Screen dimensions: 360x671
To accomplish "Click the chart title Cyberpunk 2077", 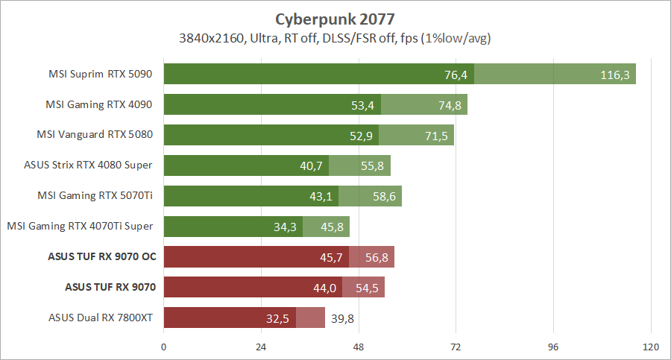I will click(x=335, y=17).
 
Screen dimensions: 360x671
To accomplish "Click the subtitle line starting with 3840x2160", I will click(x=335, y=37).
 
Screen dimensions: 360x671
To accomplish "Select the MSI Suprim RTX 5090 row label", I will click(x=101, y=74).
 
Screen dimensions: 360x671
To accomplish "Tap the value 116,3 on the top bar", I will click(x=615, y=74).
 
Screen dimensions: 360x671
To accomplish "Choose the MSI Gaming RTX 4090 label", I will click(x=101, y=104).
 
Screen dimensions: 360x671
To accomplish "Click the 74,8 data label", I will click(x=450, y=104).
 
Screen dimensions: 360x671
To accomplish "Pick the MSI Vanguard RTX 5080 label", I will click(x=95, y=135).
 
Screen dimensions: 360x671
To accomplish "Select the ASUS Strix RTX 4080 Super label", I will click(x=89, y=165).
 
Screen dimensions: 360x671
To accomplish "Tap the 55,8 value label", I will click(x=373, y=165).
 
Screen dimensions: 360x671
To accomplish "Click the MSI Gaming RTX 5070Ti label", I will click(x=95, y=196).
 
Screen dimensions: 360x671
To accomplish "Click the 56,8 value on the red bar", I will click(x=377, y=257).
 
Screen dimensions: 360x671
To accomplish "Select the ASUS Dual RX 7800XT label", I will click(x=101, y=318).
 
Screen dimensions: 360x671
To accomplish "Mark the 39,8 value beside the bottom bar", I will click(x=342, y=318).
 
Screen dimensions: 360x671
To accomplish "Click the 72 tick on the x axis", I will click(x=456, y=347).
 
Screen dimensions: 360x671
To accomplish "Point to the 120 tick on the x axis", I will click(x=650, y=347).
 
